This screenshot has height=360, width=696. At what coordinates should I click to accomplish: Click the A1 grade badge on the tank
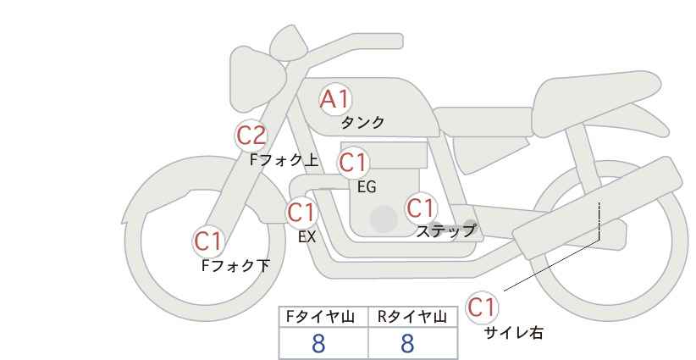(x=336, y=99)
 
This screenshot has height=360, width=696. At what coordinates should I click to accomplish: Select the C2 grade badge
(x=251, y=136)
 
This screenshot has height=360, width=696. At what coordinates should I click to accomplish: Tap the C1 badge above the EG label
(x=354, y=163)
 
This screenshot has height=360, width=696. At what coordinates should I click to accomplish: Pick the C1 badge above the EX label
(x=302, y=213)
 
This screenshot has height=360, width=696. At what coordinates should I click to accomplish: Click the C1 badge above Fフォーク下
(x=208, y=241)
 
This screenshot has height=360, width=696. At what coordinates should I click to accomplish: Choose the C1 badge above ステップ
(x=421, y=208)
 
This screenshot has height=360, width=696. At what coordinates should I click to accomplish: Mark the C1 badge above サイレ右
(x=482, y=307)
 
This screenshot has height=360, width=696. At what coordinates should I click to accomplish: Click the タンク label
(x=362, y=123)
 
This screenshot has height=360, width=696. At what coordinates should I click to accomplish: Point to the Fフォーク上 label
(x=284, y=160)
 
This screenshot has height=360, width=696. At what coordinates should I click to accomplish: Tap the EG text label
(x=367, y=187)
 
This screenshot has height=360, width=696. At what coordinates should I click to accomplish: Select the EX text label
(x=307, y=237)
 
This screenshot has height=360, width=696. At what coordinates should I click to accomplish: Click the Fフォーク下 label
(x=235, y=265)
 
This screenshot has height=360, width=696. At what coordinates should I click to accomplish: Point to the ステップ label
(x=445, y=231)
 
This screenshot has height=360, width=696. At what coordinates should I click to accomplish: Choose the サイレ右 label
(x=514, y=333)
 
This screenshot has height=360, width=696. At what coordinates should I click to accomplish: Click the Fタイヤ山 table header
(x=320, y=317)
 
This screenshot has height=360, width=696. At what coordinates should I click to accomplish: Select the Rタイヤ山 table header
(x=412, y=317)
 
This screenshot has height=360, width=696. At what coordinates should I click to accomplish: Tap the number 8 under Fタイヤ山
(x=318, y=344)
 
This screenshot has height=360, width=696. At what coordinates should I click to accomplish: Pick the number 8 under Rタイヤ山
(x=407, y=344)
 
